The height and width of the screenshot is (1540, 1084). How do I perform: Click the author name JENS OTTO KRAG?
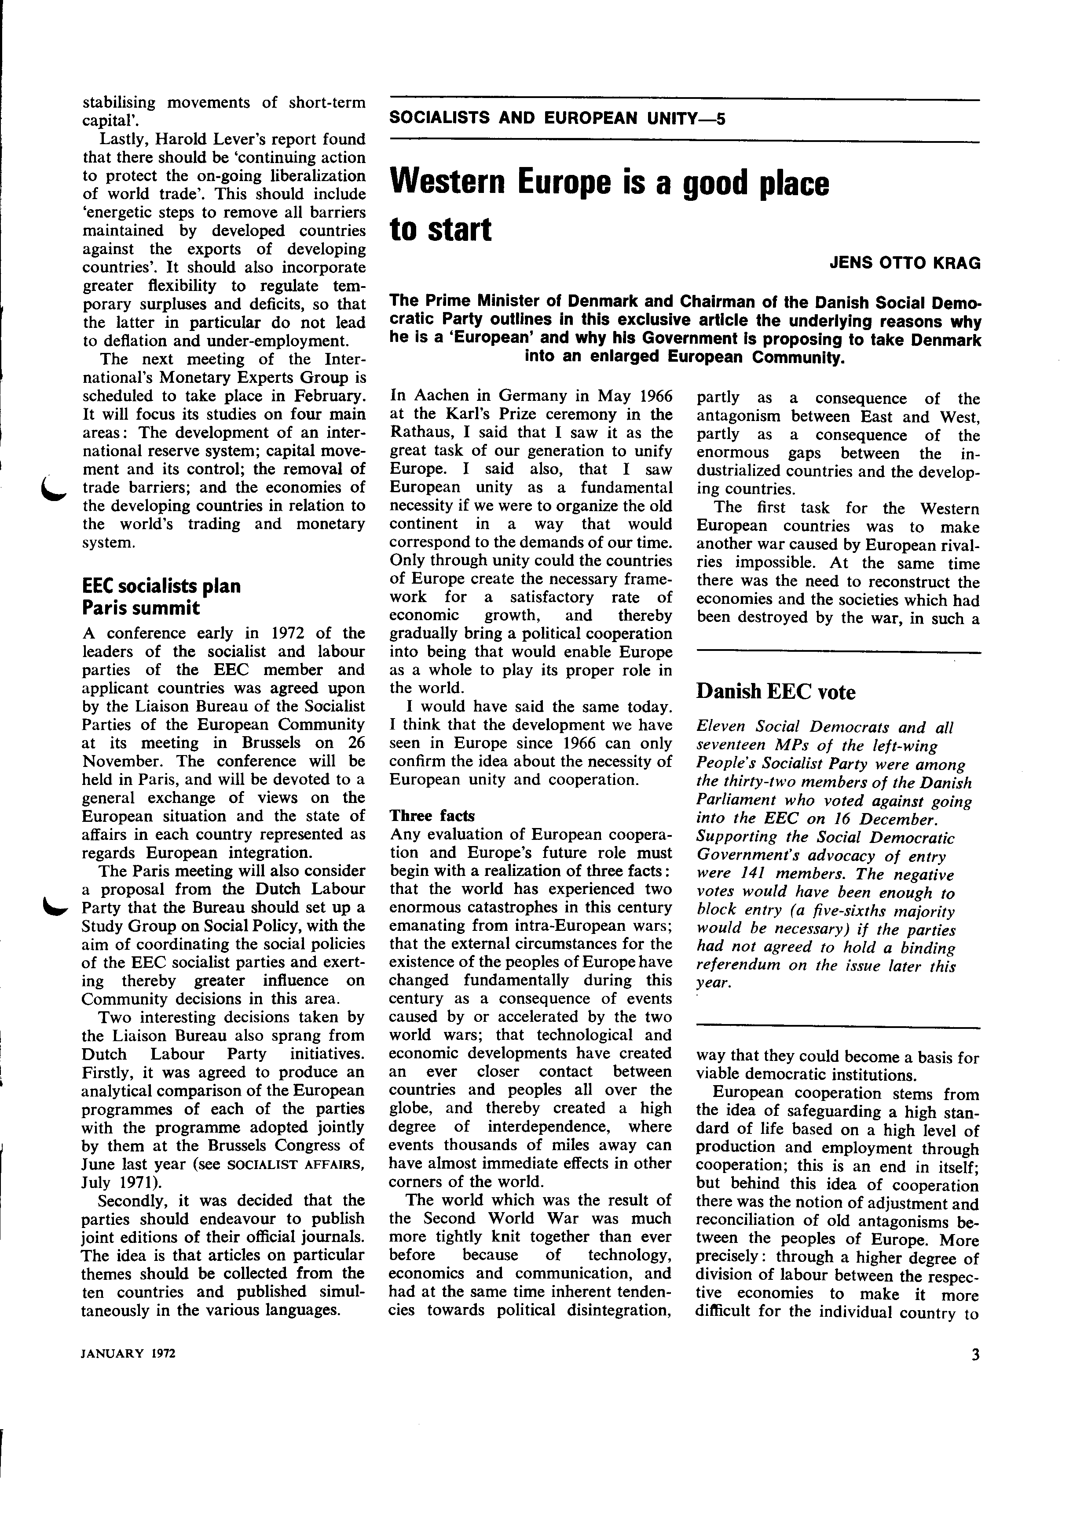click(905, 263)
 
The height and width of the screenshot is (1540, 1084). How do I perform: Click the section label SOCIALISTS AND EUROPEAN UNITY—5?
click(557, 120)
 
